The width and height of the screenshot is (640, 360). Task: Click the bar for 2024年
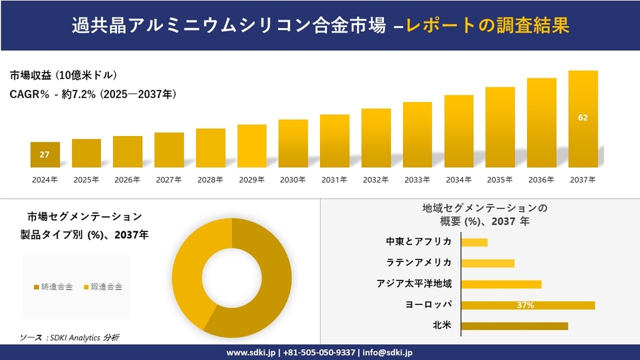[x=45, y=154]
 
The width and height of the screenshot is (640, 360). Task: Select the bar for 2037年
[x=583, y=119]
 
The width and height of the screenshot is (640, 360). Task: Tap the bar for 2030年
[x=293, y=144]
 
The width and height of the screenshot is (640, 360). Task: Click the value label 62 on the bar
[x=583, y=118]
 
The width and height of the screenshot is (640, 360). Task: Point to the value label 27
[x=44, y=154]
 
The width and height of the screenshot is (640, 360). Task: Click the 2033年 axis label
[x=417, y=180]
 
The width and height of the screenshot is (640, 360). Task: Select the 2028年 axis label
[x=210, y=180]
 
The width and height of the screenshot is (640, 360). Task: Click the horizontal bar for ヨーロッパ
[x=528, y=305]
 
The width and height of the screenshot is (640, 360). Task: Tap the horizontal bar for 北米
[x=514, y=326]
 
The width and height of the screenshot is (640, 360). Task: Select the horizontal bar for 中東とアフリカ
[x=474, y=242]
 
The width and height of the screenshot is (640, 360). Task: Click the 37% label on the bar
[x=525, y=305]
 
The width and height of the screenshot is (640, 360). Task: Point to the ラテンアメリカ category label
[x=423, y=263]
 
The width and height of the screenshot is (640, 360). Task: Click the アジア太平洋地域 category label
[x=414, y=284]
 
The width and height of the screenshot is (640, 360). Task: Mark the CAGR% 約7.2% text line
[x=93, y=95]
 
